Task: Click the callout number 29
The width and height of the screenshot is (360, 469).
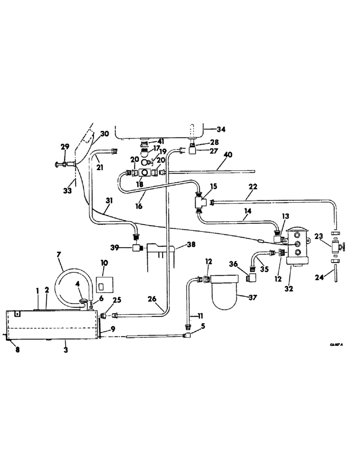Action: pos(65,147)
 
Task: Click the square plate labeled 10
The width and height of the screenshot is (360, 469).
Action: pos(105,284)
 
